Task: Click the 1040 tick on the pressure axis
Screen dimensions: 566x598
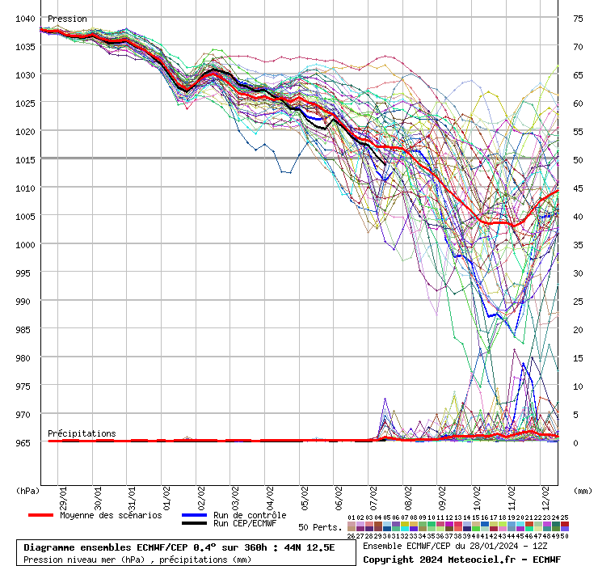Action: (x=24, y=19)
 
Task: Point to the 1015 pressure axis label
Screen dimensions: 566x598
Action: (x=24, y=159)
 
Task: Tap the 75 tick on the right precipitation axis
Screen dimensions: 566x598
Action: (x=578, y=19)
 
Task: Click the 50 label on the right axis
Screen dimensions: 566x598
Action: (x=578, y=160)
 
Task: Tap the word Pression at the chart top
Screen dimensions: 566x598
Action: (x=67, y=19)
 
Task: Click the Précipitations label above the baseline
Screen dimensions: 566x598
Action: (x=81, y=433)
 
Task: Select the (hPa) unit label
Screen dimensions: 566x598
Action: (x=28, y=490)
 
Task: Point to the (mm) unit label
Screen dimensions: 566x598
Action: (x=583, y=490)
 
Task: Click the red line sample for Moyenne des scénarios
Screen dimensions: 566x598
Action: (x=40, y=515)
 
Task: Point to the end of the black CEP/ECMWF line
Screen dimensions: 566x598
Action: (x=385, y=164)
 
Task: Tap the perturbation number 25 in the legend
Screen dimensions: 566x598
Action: (x=564, y=517)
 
